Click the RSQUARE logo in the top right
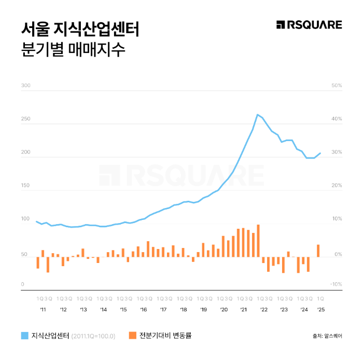coord(309,25)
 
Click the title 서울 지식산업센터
coord(80,29)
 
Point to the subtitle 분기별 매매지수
coord(73,51)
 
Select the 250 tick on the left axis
coord(26,119)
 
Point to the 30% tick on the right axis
coord(337,152)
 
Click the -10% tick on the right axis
coord(336,284)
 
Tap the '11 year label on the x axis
coord(43,309)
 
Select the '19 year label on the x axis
coord(203,309)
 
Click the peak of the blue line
coord(258,115)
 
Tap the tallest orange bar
coord(258,240)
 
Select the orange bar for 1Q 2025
coord(318,251)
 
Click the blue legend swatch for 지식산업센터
coord(25,335)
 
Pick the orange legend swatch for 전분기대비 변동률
coord(132,335)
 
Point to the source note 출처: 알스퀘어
coord(327,336)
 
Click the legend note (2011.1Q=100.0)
coord(94,336)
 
